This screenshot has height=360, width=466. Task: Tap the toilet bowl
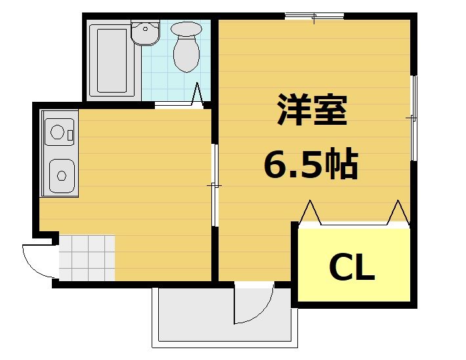click(x=187, y=55)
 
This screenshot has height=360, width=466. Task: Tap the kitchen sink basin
click(x=61, y=175)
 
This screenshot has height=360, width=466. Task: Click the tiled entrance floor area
click(x=87, y=258)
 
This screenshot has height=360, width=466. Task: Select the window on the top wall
click(x=314, y=16)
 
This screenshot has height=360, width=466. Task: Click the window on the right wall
click(x=413, y=118)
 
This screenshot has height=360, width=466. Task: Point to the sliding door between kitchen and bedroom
click(x=214, y=185)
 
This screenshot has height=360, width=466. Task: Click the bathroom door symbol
click(x=197, y=95)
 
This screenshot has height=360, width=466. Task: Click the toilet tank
click(x=186, y=29)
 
